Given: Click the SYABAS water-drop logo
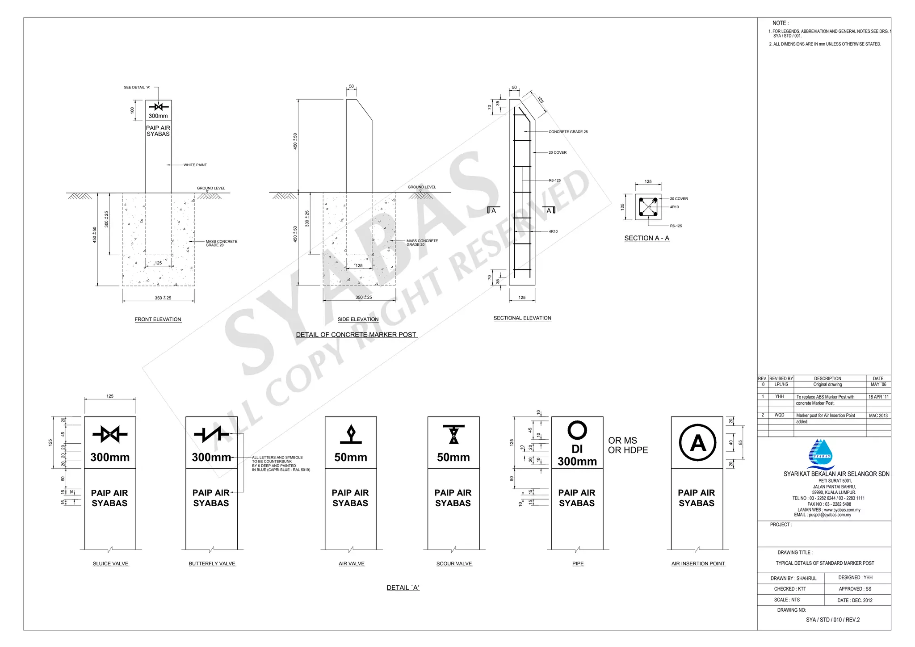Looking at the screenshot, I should pos(821,454).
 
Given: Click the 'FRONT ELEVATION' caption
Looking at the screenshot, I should pos(158,319).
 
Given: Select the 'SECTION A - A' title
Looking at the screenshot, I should pos(646,238).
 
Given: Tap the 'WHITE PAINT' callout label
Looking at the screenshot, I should pos(195,165).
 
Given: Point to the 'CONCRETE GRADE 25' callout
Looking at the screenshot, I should pos(568,132).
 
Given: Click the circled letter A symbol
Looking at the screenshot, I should pos(697,443).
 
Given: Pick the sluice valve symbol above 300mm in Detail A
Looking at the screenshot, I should pos(110,434).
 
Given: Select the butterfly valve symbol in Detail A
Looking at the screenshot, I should pos(211,434).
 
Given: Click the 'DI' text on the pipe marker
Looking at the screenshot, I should pos(577,449).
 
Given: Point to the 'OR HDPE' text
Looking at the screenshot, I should pos(628,450).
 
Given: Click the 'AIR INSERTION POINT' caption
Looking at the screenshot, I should pos(698,564).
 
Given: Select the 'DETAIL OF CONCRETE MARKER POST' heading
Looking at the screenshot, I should pos(356,335).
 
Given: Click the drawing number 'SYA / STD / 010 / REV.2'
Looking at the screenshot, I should pos(833,620).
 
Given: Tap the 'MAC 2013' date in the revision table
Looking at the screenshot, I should pos(878,416).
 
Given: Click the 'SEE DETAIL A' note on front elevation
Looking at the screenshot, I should pos(137,88).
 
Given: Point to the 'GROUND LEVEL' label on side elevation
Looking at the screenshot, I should pos(422,187).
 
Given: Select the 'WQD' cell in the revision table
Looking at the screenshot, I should pos(779,415).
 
